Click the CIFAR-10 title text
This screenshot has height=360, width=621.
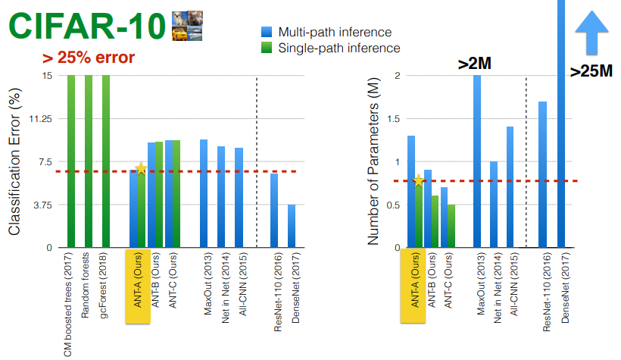[87, 27]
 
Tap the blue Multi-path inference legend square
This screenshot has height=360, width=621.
[267, 32]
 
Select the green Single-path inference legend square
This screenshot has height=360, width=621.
[267, 48]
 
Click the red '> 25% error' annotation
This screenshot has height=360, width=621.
[89, 58]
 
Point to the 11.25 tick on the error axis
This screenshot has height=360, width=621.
[40, 118]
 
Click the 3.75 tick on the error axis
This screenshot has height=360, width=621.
[42, 205]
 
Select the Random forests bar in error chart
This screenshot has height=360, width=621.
[89, 161]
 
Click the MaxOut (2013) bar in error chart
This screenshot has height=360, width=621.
[204, 193]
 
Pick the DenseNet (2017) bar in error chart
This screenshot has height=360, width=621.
[292, 226]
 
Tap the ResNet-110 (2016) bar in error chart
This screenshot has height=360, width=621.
[274, 211]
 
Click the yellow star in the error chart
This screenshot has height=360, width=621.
[141, 168]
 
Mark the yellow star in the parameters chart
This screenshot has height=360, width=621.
[419, 181]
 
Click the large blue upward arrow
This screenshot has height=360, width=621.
[591, 33]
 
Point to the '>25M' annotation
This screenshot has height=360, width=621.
[591, 71]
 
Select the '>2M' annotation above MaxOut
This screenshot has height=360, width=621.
[475, 64]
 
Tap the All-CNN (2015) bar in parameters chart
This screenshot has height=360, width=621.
[510, 187]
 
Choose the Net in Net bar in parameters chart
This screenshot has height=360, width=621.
[494, 205]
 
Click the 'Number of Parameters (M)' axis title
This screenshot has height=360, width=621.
[373, 161]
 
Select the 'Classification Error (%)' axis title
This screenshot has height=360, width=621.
[14, 161]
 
